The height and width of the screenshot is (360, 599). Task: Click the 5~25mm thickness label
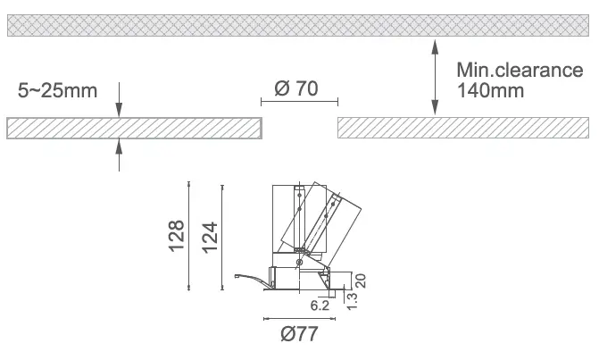57,90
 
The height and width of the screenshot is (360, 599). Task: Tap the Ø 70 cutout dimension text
296,88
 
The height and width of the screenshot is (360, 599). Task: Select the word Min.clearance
520,70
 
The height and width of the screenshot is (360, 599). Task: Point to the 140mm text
490,90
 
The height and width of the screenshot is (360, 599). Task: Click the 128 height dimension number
177,236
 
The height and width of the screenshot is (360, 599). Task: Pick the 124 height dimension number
210,237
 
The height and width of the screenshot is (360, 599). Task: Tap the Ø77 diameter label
299,333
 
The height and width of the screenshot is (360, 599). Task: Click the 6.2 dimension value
320,306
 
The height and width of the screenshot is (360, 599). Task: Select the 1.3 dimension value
352,301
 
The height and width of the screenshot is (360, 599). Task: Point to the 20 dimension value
361,280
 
